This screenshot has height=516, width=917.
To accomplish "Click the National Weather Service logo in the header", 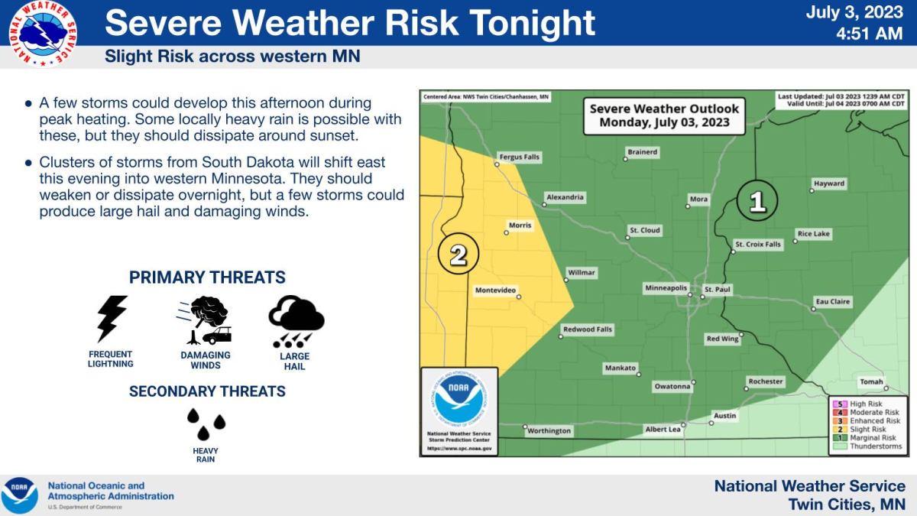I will click(x=43, y=33).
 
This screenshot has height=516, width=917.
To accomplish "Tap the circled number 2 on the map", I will click(x=458, y=254).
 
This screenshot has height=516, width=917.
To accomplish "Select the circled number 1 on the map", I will click(x=757, y=201).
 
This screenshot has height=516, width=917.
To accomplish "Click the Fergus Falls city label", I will click(x=520, y=157).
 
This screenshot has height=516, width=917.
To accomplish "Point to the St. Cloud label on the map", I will click(x=645, y=230).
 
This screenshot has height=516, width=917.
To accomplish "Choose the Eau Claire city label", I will click(x=832, y=302).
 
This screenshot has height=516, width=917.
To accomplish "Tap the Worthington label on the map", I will click(x=549, y=431).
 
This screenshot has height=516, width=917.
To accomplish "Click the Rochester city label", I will click(x=766, y=381).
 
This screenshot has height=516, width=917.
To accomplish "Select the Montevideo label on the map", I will click(x=496, y=290).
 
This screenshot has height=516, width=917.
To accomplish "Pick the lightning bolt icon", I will click(x=111, y=319).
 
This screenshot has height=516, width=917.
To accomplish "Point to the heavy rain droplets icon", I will click(x=206, y=420).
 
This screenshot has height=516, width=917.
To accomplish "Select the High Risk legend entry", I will click(x=866, y=404).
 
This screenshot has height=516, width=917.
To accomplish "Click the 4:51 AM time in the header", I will click(x=870, y=34).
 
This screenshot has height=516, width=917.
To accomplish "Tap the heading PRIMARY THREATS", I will click(x=207, y=277).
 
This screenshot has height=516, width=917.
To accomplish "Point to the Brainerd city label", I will click(x=643, y=152).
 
